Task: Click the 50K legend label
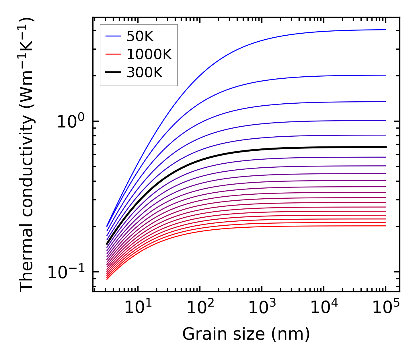coord(140,36)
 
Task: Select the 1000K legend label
coord(149,54)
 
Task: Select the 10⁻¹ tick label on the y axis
coord(66,272)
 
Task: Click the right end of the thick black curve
coord(386,147)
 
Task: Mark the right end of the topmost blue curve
coord(386,30)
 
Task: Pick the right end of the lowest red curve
coord(386,226)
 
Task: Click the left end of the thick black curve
coord(107,244)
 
